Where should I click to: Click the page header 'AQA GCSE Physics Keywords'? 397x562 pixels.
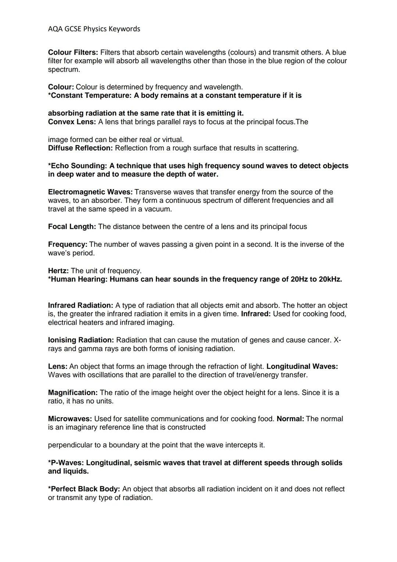click(x=94, y=29)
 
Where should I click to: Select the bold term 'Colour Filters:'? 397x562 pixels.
click(x=73, y=53)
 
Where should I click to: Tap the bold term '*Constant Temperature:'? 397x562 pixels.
click(x=90, y=96)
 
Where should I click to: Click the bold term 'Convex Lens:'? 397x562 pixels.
click(x=72, y=122)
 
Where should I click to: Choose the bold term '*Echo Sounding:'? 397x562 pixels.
click(x=77, y=166)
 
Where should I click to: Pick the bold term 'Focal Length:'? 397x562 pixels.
click(x=72, y=227)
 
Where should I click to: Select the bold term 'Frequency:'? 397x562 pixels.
click(x=68, y=245)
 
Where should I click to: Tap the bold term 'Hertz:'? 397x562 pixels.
click(x=58, y=271)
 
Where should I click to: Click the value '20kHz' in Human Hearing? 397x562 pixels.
click(x=330, y=280)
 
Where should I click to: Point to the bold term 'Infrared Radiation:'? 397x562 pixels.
click(x=81, y=306)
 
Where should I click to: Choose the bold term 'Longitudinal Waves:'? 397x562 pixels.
click(x=302, y=367)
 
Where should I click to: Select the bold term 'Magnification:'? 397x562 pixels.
click(x=73, y=393)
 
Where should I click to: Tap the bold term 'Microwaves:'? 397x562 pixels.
click(x=70, y=419)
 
